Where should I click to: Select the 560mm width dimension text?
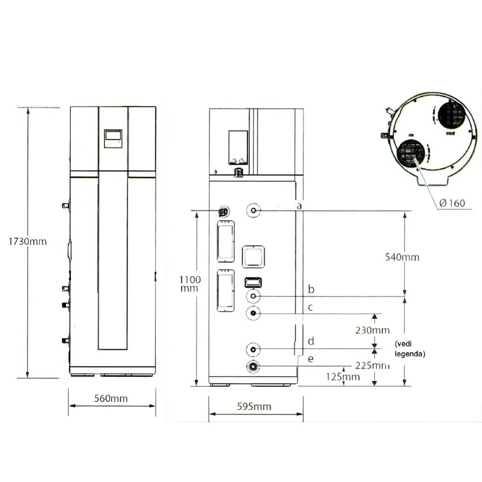(111, 398)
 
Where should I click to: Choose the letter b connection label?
(310, 290)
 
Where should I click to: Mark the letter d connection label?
(310, 341)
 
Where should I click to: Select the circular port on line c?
(253, 313)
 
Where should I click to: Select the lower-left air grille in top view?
(411, 154)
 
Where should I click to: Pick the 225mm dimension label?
(370, 365)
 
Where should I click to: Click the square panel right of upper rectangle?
(253, 257)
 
